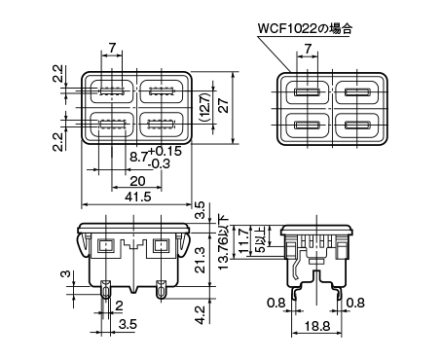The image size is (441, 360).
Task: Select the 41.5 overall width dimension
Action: coord(138,197)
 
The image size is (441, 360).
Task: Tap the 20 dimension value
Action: coord(137,181)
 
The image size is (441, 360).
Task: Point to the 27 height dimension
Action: coord(224,105)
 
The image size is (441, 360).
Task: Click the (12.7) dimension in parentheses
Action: coord(205,107)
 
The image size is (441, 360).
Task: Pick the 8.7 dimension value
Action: coord(139,158)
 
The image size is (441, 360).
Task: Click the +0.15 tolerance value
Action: coord(165,151)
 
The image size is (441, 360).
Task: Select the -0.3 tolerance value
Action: coord(159,163)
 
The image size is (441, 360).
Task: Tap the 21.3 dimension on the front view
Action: coord(202,260)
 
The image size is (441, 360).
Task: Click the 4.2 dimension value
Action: coord(202,314)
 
